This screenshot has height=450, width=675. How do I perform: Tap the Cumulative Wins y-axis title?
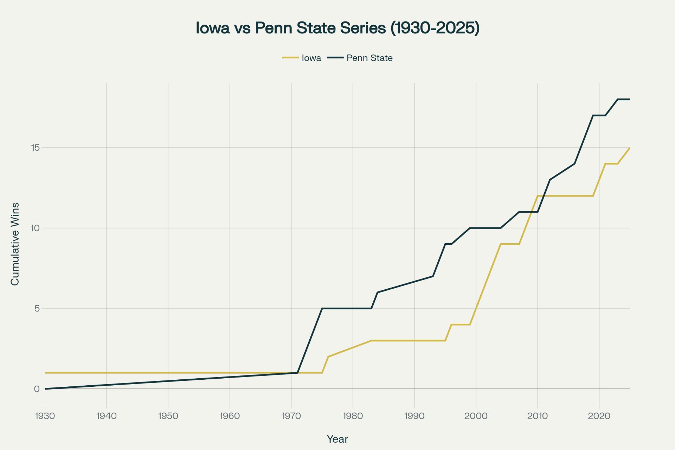[x=15, y=244]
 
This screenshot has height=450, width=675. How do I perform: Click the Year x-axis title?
[x=337, y=439]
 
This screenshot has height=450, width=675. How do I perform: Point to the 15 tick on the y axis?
[x=35, y=148]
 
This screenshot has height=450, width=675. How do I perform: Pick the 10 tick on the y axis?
[x=35, y=228]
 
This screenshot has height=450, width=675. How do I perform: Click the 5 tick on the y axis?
[x=37, y=309]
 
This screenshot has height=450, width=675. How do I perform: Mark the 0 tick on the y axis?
[x=37, y=389]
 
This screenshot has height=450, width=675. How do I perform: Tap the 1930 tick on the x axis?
[x=45, y=416]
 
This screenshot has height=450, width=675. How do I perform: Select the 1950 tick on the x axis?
[x=168, y=416]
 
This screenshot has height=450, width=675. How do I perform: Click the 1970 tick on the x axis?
[x=291, y=416]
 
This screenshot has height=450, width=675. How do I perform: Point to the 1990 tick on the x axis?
[x=414, y=416]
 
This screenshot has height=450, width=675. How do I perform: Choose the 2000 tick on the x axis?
[x=476, y=416]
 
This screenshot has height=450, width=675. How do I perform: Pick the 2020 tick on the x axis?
[x=599, y=416]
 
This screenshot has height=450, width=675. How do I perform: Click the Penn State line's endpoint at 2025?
[x=630, y=99]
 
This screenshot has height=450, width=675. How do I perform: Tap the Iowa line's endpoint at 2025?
[x=630, y=148]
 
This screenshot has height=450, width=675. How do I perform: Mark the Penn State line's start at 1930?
[x=45, y=389]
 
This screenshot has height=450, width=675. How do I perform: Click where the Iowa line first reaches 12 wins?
[x=538, y=196]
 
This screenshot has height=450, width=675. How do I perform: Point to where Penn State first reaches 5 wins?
[x=322, y=309]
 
